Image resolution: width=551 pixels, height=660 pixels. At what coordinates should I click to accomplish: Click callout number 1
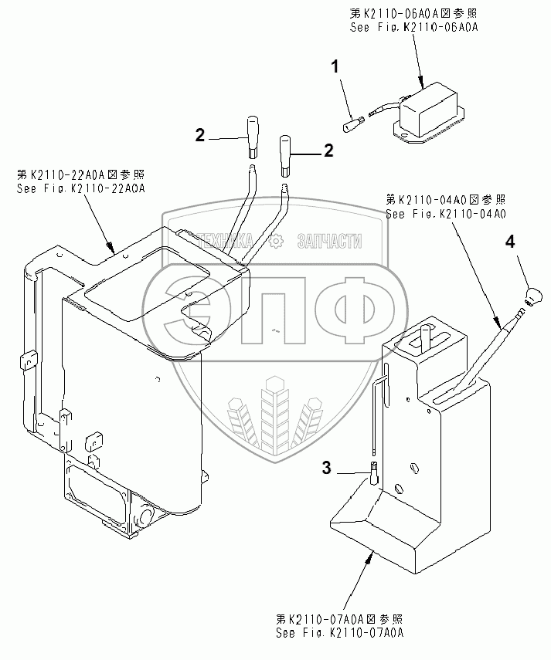point(335,67)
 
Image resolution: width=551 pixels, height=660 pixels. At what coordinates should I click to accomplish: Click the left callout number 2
point(199,136)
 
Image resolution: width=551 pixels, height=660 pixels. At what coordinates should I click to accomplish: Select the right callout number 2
point(328,151)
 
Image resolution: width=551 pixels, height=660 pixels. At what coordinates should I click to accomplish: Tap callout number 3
point(327,467)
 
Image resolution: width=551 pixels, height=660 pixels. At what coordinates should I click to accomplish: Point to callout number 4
point(509,242)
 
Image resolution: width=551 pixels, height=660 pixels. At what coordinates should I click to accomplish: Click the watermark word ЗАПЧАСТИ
point(330,242)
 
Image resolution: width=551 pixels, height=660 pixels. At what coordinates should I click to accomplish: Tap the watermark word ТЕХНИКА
point(226,242)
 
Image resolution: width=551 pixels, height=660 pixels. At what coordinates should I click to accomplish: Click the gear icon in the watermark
point(275,242)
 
